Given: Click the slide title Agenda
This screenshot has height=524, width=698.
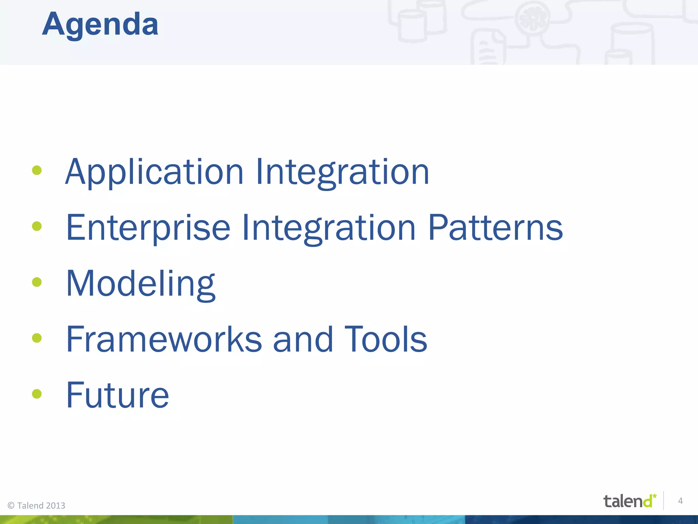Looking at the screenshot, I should tap(100, 25).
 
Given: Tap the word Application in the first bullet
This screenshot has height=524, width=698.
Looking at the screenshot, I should tap(154, 172).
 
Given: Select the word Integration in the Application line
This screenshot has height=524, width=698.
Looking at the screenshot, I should tap(342, 172).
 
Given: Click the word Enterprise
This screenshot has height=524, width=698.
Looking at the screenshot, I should tap(148, 228).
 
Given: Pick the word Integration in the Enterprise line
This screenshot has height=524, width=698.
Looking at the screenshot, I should tap(329, 228).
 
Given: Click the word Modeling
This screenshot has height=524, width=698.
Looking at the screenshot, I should tap(140, 284).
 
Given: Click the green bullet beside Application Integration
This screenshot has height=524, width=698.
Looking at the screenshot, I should tap(37, 170).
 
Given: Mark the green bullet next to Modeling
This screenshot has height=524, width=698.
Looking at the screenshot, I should tap(37, 282).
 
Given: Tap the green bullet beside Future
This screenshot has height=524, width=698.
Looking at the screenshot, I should tap(37, 394).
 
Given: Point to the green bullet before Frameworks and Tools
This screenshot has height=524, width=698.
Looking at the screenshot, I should tap(37, 338).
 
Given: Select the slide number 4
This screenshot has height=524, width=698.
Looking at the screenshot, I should tap(680, 501).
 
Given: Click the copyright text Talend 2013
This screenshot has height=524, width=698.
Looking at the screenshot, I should tap(36, 506).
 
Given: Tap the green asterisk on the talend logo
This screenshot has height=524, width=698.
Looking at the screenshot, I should tap(654, 496).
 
